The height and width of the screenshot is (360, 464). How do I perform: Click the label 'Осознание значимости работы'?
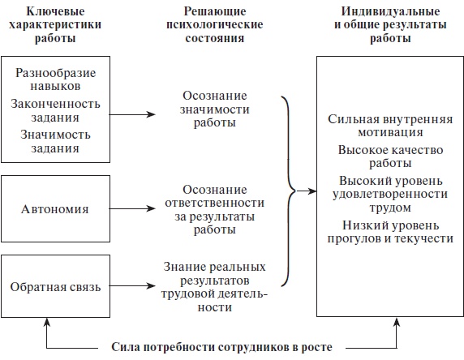click(x=209, y=110)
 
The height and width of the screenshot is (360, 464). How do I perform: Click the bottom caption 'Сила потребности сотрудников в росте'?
click(x=221, y=348)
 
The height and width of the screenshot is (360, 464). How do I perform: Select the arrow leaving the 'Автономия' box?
click(x=132, y=208)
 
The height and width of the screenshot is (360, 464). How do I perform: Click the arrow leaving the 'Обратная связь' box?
click(x=132, y=285)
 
